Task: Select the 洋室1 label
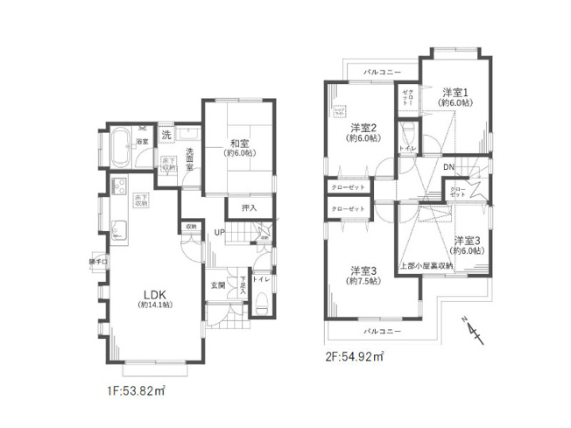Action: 455,92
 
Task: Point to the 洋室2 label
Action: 361,126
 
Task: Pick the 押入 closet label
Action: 250,208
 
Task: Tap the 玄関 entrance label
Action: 218,284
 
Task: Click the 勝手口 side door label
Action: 97,262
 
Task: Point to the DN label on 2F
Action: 448,166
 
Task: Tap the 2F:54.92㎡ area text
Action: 355,355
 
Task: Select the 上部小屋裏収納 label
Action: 426,265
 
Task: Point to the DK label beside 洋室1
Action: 448,166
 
